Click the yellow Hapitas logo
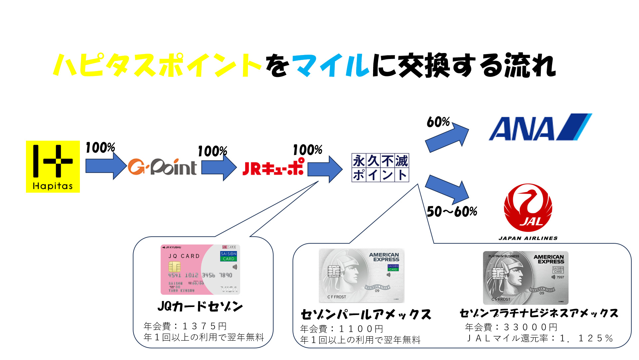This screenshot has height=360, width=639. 53,166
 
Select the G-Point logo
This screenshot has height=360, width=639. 162,167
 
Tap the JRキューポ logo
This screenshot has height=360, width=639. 273,167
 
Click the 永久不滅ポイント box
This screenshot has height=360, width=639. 380,168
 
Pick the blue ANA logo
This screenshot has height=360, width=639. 540,127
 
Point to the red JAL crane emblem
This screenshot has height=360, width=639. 528,208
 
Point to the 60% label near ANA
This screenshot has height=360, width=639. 438,122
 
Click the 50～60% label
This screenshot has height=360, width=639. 452,212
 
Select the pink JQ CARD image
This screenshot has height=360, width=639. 200,270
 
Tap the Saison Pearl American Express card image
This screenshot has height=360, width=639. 361,275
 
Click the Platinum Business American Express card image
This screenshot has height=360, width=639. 526,277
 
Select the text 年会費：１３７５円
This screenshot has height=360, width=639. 185,326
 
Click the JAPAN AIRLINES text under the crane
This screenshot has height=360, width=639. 528,238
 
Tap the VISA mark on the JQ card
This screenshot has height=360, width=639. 229,289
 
